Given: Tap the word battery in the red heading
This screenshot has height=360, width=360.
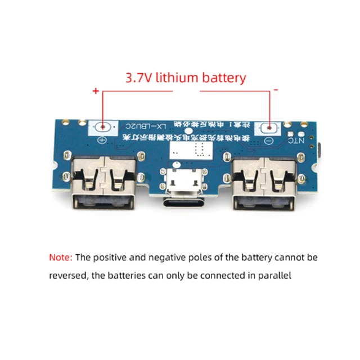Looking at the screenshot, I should point(223,77).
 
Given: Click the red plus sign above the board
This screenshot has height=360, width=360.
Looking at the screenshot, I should point(96,91).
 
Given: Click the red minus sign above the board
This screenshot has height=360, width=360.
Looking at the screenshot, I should point(276,89).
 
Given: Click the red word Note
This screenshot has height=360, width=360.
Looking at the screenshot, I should point(60,258).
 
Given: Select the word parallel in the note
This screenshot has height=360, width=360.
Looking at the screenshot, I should point(275,276).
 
